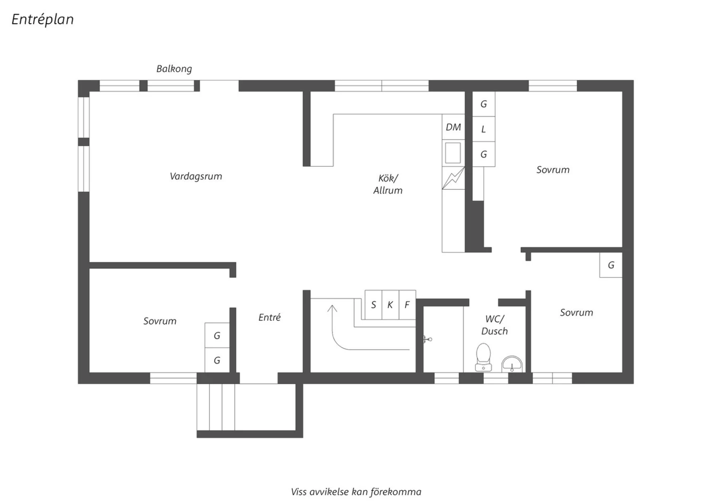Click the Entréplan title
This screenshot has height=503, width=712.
[x=43, y=19]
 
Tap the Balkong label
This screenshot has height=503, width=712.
[x=174, y=69]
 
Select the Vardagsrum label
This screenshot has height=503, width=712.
[x=196, y=177]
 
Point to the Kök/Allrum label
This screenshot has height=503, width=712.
[x=388, y=184]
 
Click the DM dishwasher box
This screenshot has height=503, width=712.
[x=453, y=127]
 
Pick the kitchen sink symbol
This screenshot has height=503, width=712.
[x=453, y=153]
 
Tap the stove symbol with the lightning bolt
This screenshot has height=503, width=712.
[x=453, y=178]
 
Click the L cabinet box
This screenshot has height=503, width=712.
[x=484, y=129]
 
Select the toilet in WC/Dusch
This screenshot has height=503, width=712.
[x=483, y=357]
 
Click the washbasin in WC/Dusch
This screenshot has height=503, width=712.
[x=512, y=364]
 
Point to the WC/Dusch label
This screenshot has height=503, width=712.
[x=494, y=325]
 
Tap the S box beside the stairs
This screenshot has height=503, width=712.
[x=374, y=305]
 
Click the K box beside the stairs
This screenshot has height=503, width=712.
[x=390, y=305]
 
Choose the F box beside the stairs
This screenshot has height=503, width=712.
[x=407, y=305]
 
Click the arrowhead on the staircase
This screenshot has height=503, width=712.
[x=332, y=308]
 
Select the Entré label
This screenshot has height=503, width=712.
[x=270, y=317]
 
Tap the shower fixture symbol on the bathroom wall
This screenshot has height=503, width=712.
[x=427, y=339]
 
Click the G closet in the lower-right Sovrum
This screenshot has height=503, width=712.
[x=611, y=265]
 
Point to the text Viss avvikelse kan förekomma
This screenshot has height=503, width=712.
[x=356, y=492]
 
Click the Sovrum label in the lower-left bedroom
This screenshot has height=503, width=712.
[x=160, y=321]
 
